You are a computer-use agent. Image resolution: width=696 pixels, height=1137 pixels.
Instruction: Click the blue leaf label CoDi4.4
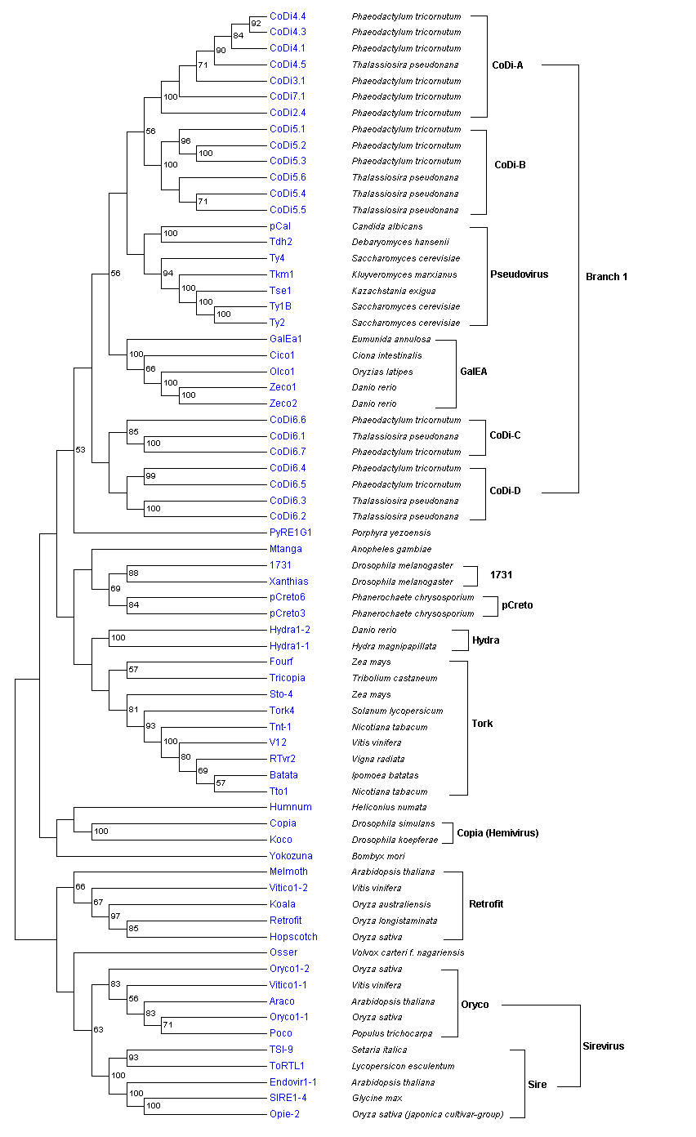coord(288,16)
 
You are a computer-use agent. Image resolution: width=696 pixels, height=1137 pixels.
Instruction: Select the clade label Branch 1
coord(606,277)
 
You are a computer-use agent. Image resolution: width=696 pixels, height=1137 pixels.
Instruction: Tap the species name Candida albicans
coord(387,226)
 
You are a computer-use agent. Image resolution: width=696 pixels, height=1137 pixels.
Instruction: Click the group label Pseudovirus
coord(520,274)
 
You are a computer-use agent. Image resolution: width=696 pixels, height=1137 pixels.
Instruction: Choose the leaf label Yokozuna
coord(291,856)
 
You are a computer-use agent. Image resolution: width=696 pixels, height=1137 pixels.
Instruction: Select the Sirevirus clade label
coord(603,1046)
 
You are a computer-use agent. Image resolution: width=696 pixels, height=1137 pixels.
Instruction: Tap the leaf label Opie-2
coord(284,1114)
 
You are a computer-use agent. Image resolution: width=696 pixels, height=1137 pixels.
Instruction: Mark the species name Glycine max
coord(377,1098)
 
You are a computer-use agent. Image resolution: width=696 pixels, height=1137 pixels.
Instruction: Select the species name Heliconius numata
coord(389,807)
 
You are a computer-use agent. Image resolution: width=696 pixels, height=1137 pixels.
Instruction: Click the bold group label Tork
coord(483,724)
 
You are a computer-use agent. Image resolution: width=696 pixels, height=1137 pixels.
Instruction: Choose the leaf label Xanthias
coord(289,582)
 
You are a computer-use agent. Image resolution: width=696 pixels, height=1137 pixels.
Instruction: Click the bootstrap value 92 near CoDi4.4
coord(256,23)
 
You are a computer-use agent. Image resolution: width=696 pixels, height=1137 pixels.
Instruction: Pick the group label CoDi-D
coord(505,491)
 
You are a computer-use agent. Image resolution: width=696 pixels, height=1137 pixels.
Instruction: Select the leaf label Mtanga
coord(286,549)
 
